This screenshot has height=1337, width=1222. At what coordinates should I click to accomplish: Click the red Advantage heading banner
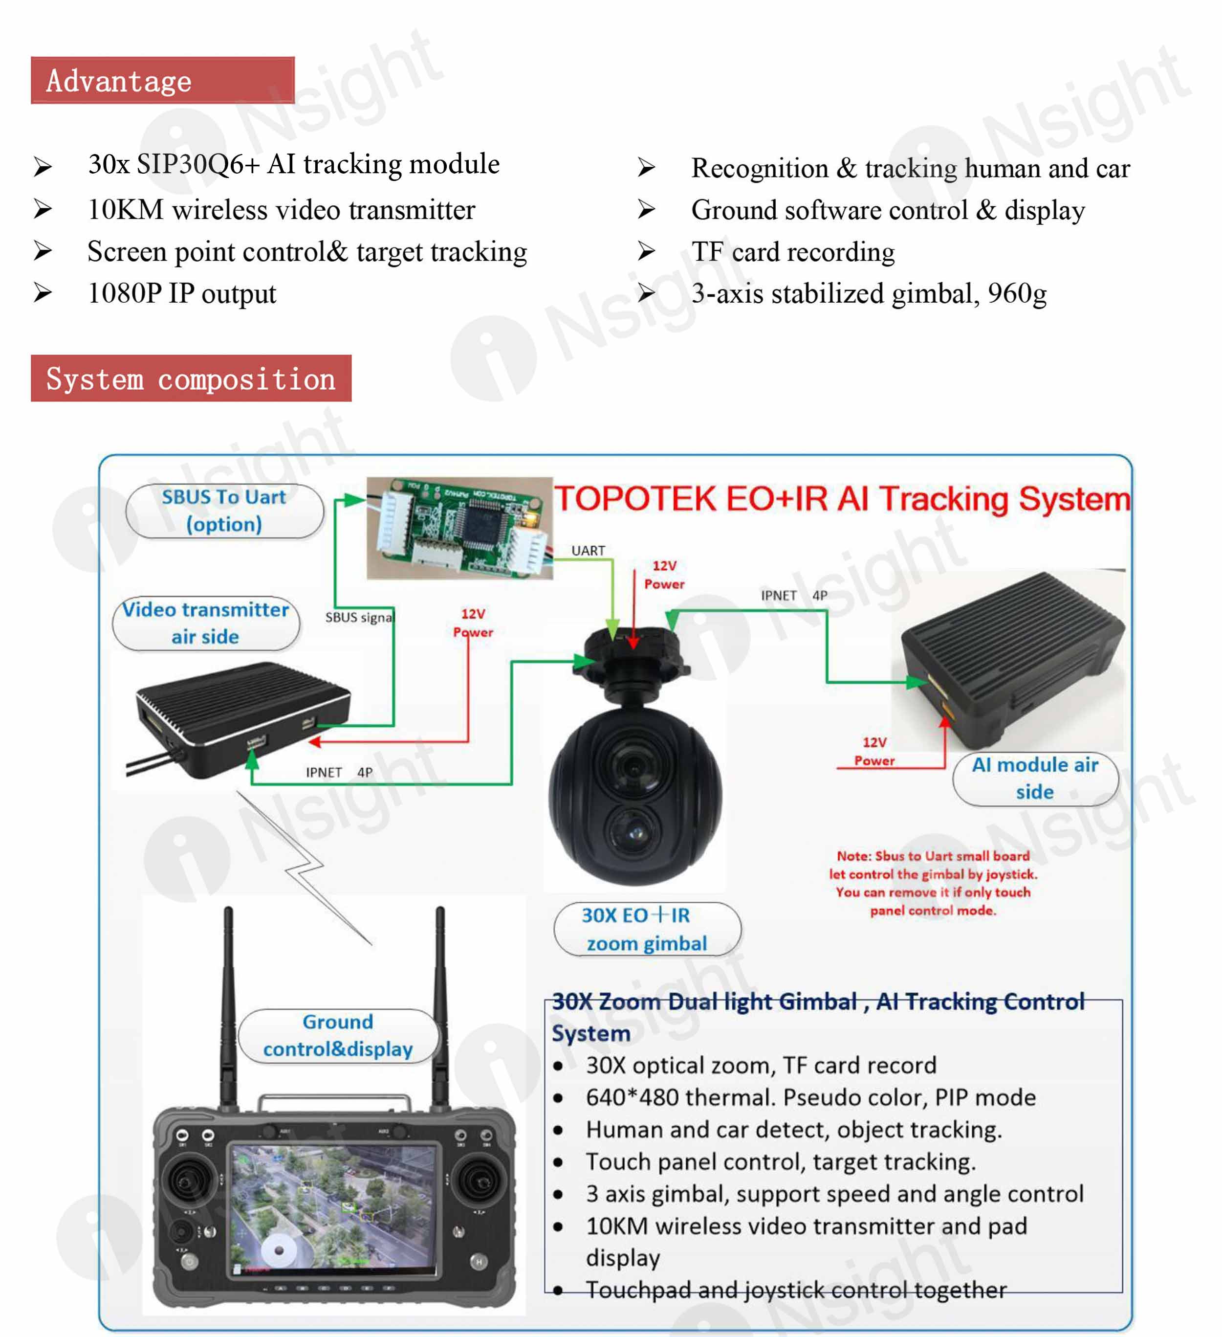pos(162,80)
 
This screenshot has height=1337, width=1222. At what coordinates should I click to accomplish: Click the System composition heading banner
pos(191,378)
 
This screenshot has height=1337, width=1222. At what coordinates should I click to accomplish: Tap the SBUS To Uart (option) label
pos(224,511)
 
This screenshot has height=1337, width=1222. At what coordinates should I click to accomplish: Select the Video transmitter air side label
pos(206,623)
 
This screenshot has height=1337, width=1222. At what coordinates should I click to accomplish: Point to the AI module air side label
pos(1035,778)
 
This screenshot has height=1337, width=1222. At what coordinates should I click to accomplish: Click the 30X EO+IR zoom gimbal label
pos(647,929)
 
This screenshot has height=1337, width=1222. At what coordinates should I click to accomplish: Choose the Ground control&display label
pos(338,1035)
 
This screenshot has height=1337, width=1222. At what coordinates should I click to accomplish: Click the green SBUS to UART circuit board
pos(459,528)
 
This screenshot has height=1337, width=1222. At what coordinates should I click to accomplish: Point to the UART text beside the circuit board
pos(588,551)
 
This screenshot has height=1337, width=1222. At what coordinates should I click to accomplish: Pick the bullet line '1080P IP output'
pos(182,293)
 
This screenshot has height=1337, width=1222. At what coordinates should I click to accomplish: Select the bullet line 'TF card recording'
pos(793,252)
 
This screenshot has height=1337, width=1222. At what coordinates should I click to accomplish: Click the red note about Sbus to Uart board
pos(933,883)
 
